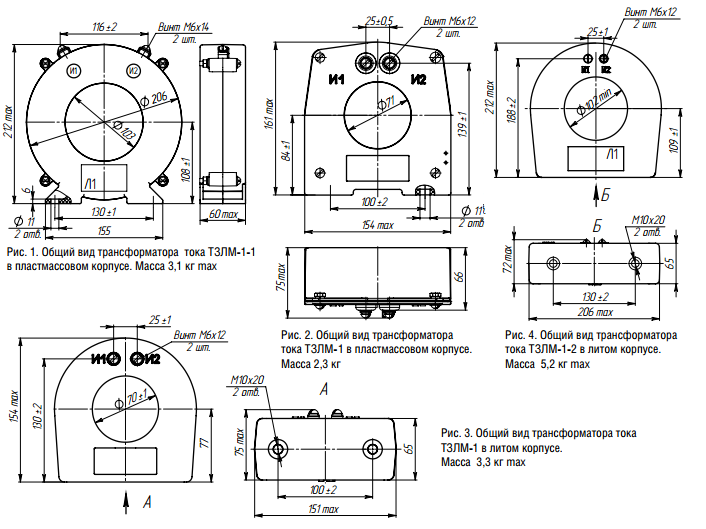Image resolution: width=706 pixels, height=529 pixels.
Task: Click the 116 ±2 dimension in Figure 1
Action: point(105,25)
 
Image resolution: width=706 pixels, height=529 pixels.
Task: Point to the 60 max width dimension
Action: point(223,214)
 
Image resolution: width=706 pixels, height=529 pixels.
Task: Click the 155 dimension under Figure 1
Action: point(105,229)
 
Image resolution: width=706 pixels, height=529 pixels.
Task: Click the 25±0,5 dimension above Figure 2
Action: point(379,20)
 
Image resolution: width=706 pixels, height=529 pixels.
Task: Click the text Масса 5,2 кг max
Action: point(547,365)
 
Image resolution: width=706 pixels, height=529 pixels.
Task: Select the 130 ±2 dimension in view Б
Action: point(595,297)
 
